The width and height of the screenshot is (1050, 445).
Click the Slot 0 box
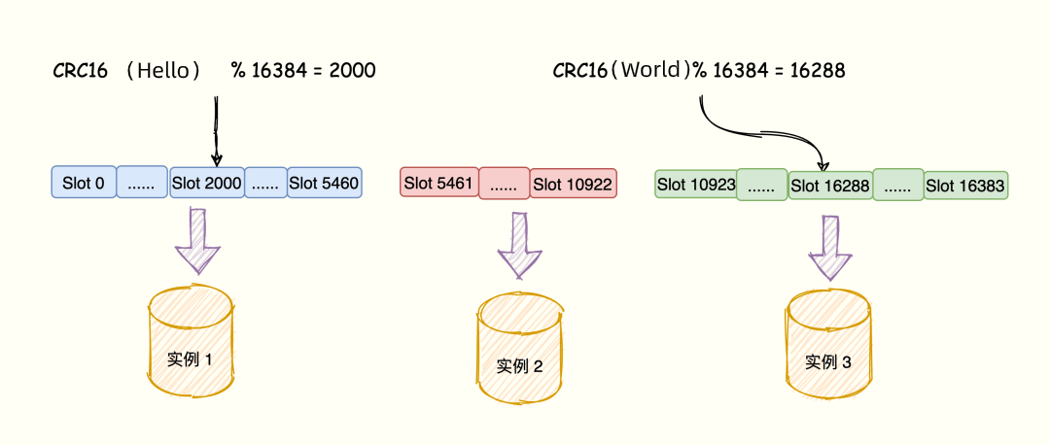click(83, 183)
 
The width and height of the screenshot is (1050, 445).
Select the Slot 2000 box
click(206, 183)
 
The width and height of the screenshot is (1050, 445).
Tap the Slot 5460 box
click(325, 183)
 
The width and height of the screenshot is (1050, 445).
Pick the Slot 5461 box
click(438, 183)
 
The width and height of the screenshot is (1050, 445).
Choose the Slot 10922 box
click(574, 183)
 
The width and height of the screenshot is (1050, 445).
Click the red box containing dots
click(504, 183)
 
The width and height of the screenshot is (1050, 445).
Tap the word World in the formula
click(654, 70)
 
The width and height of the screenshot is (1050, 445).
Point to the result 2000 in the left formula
click(350, 71)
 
